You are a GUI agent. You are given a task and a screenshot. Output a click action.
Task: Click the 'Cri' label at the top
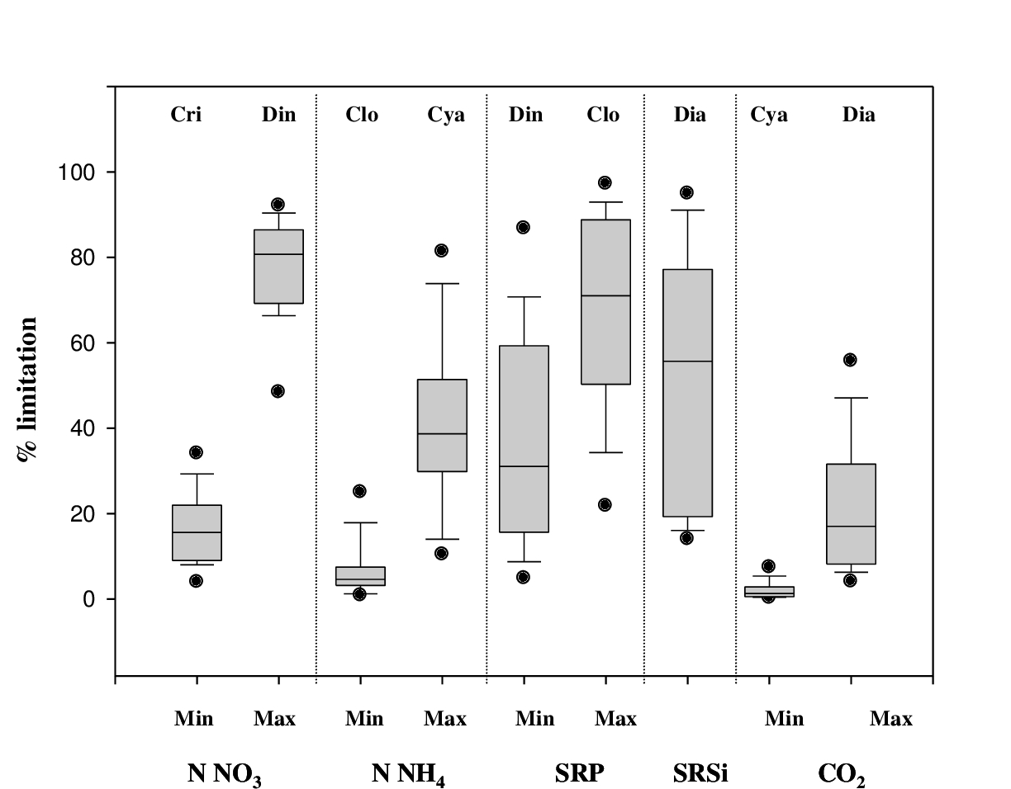(x=186, y=115)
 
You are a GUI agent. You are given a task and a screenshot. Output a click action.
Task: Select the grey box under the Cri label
(x=197, y=532)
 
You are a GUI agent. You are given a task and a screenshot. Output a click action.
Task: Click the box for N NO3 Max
(x=278, y=267)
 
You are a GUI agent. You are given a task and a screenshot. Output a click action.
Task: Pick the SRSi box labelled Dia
(x=687, y=393)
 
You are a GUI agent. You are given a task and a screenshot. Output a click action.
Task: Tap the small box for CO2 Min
(x=769, y=592)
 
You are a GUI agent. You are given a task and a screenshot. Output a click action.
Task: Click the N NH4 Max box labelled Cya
(x=442, y=425)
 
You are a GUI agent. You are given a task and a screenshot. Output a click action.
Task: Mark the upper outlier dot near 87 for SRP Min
(x=523, y=227)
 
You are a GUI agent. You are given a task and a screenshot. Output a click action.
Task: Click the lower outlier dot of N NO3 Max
(x=278, y=391)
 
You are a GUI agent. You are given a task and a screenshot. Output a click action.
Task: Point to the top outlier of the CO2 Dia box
(x=850, y=360)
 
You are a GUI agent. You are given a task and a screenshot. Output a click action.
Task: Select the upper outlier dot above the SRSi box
(x=686, y=192)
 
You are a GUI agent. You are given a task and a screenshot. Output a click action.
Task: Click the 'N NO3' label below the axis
(x=225, y=774)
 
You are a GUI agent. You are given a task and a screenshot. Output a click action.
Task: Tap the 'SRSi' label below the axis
(x=700, y=774)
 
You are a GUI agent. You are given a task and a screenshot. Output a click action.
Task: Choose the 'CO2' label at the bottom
(x=842, y=776)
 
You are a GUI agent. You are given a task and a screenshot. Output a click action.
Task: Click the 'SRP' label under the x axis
(x=579, y=774)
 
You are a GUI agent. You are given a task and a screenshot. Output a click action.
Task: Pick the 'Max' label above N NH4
(x=445, y=719)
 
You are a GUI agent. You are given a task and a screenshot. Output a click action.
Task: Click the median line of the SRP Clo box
(x=605, y=295)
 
